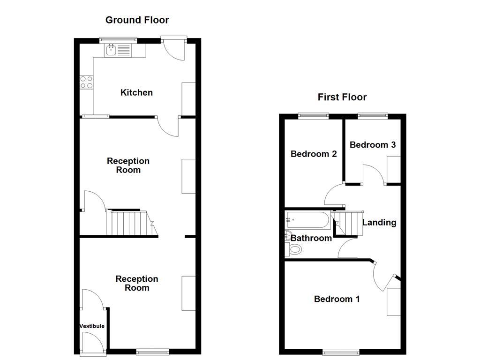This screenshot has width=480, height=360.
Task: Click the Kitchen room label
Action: [x=136, y=92]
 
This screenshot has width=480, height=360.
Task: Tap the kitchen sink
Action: [x=112, y=50]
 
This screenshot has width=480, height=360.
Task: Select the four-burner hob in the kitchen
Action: [x=86, y=82]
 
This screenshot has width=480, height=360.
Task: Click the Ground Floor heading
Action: [x=137, y=20]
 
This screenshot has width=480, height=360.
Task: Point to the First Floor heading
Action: [x=342, y=97]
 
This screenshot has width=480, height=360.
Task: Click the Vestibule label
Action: [x=92, y=326]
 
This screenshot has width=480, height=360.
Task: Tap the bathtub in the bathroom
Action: [x=308, y=218]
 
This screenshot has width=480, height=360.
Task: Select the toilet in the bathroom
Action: [x=295, y=249]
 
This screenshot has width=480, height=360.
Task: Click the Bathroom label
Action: [x=311, y=238]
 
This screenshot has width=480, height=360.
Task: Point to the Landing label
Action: [x=379, y=223]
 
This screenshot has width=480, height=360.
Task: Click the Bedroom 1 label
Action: [x=337, y=299]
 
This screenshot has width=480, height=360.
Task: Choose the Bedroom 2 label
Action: [x=314, y=154]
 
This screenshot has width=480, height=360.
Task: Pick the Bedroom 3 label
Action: [x=373, y=145]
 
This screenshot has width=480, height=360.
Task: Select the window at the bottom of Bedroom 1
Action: [x=341, y=352]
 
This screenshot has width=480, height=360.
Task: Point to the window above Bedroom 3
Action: [x=373, y=115]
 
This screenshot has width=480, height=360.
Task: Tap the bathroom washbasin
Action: [x=288, y=236]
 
